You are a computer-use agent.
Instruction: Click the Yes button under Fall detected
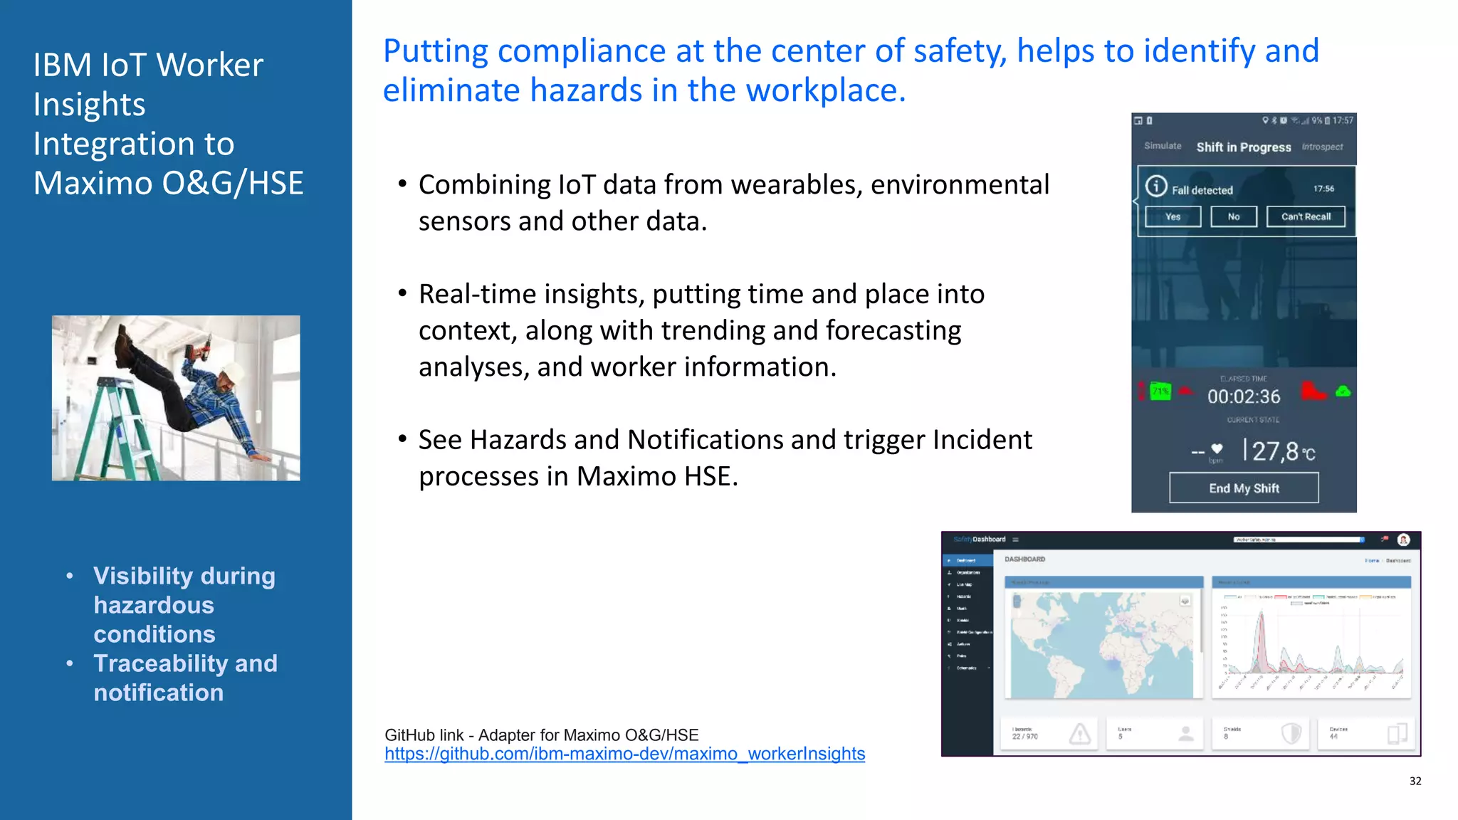click(1173, 216)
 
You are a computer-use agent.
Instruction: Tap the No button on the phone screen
click(1234, 216)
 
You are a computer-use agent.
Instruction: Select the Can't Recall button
click(1306, 216)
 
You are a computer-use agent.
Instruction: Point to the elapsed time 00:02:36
click(1244, 396)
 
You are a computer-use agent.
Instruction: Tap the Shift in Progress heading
click(1243, 147)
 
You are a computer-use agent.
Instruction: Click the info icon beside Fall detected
click(1156, 186)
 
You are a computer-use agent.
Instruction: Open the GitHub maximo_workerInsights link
click(624, 754)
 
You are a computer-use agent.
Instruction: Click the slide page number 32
click(1415, 781)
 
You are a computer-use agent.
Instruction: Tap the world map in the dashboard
click(1102, 644)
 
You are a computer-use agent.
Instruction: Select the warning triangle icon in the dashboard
click(1080, 733)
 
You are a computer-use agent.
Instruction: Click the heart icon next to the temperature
click(1217, 448)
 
